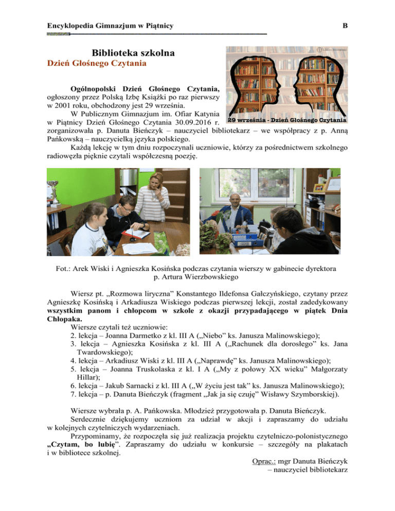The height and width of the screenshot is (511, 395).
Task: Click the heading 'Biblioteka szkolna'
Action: [133, 52]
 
